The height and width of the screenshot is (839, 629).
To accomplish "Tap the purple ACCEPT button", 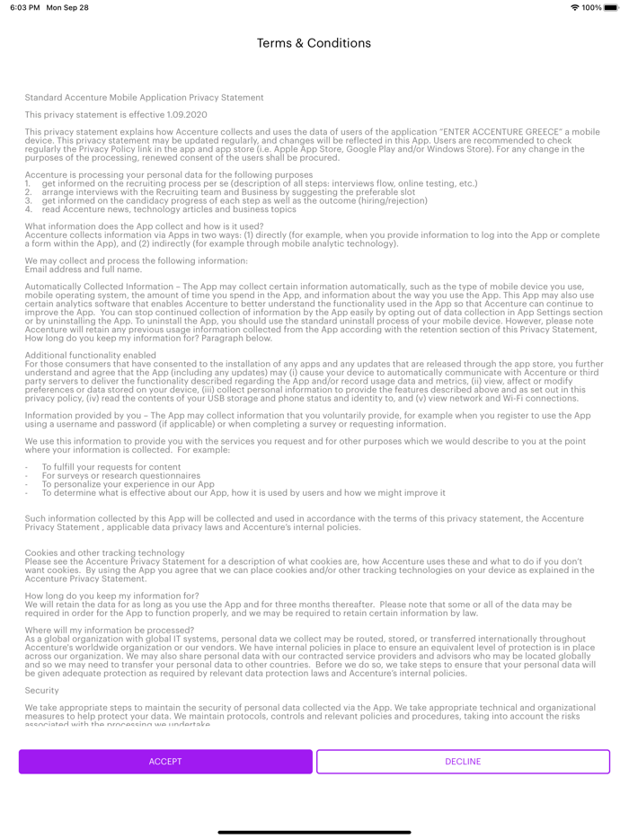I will [x=165, y=762].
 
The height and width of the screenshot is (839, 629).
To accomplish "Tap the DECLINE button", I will [x=463, y=762].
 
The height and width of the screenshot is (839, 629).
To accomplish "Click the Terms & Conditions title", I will [x=314, y=43].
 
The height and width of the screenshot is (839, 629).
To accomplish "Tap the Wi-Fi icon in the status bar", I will [x=574, y=7].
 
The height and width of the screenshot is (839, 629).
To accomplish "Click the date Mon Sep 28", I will [x=67, y=7].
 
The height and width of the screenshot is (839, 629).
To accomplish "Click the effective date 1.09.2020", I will [x=187, y=115].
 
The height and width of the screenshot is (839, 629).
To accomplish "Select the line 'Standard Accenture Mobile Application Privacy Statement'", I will [x=144, y=98].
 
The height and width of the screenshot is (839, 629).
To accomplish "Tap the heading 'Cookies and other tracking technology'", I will [x=105, y=552].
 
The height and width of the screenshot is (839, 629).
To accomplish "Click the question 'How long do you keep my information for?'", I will [x=112, y=596].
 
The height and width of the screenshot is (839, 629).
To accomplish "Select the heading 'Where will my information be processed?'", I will [x=110, y=631].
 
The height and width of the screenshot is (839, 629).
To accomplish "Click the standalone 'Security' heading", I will [x=42, y=691].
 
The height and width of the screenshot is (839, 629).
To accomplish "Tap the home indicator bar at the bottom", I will [x=314, y=832].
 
